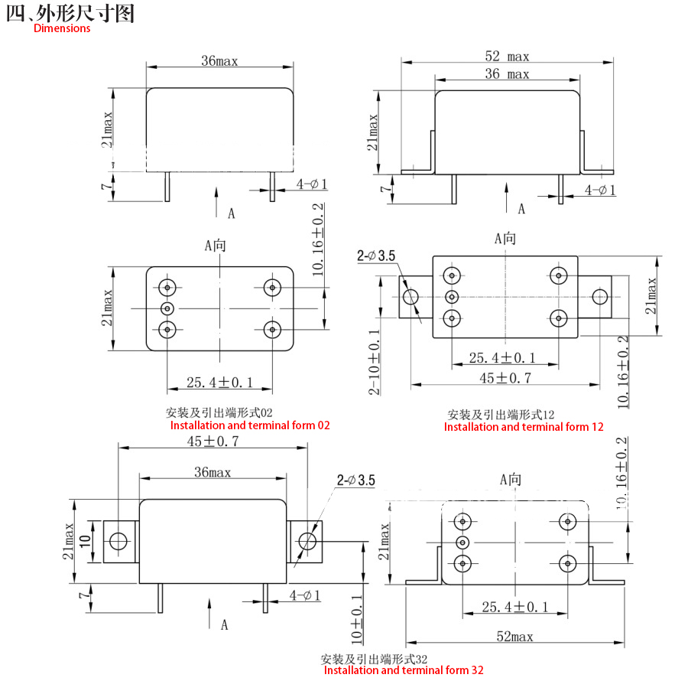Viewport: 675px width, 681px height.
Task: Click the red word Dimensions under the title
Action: point(62,28)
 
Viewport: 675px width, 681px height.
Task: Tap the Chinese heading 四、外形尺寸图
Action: point(70,13)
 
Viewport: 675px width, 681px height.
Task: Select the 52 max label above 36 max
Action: point(507,57)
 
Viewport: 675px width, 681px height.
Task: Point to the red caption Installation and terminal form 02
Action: point(250,425)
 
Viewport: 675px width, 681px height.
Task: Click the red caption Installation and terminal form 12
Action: point(524,427)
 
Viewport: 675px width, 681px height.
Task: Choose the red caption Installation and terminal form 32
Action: point(404,670)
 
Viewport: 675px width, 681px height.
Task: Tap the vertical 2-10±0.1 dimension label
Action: point(374,362)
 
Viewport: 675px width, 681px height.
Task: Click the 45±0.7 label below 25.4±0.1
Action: point(505,378)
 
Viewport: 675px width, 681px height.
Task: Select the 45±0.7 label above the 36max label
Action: point(213,442)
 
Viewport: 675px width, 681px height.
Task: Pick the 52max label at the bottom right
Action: point(515,637)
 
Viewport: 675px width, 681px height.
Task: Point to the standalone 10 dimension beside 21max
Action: point(85,541)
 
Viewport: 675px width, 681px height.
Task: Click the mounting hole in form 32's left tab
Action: point(118,542)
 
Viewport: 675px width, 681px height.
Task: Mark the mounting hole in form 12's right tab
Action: point(600,297)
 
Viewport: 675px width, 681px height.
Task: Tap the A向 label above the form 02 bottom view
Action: point(216,246)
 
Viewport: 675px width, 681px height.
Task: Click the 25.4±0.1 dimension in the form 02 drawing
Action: point(219,383)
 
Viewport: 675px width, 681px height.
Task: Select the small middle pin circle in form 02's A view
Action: point(167,309)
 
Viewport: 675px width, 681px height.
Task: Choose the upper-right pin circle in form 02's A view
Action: point(272,288)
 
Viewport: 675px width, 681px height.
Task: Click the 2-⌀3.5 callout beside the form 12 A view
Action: point(376,256)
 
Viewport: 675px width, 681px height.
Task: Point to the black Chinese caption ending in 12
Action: point(501,415)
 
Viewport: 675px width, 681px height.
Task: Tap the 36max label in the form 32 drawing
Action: point(213,473)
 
